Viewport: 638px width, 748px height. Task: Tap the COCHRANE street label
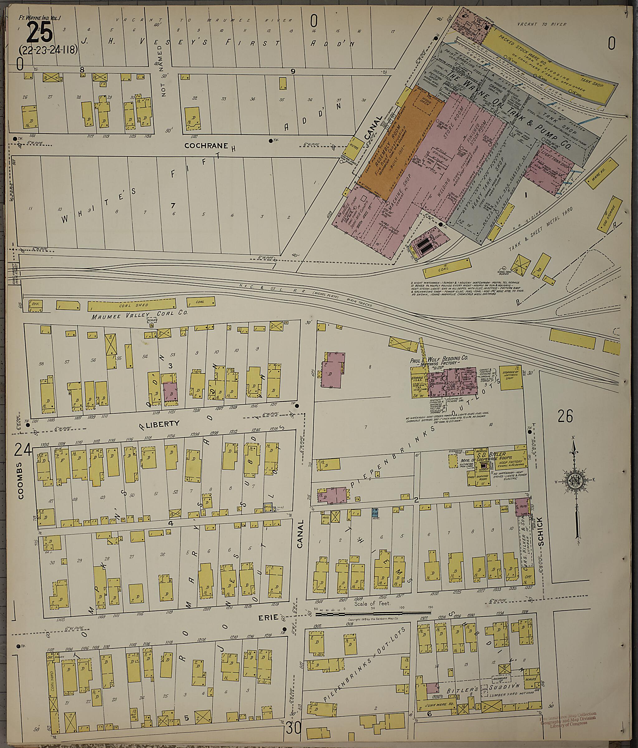[x=206, y=146]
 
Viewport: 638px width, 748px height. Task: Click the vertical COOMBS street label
[x=20, y=480]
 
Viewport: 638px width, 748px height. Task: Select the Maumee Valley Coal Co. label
[x=139, y=313]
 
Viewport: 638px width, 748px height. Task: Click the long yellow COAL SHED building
[x=132, y=306]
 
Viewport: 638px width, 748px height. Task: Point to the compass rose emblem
[x=574, y=482]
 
